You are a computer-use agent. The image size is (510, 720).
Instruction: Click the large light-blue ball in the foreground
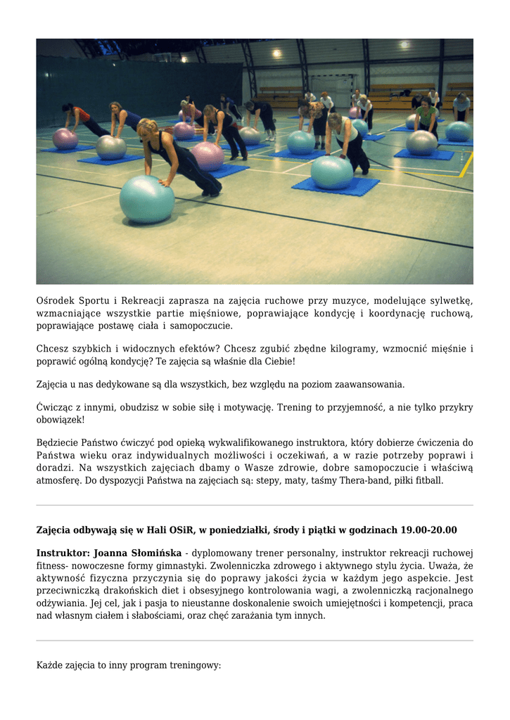pyautogui.click(x=146, y=199)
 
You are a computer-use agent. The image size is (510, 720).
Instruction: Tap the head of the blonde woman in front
pyautogui.click(x=148, y=128)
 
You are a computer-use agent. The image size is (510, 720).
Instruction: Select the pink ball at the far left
pyautogui.click(x=65, y=139)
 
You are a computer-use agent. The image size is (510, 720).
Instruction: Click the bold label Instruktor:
pyautogui.click(x=63, y=553)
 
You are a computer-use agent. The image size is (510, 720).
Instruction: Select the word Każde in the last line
pyautogui.click(x=51, y=664)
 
